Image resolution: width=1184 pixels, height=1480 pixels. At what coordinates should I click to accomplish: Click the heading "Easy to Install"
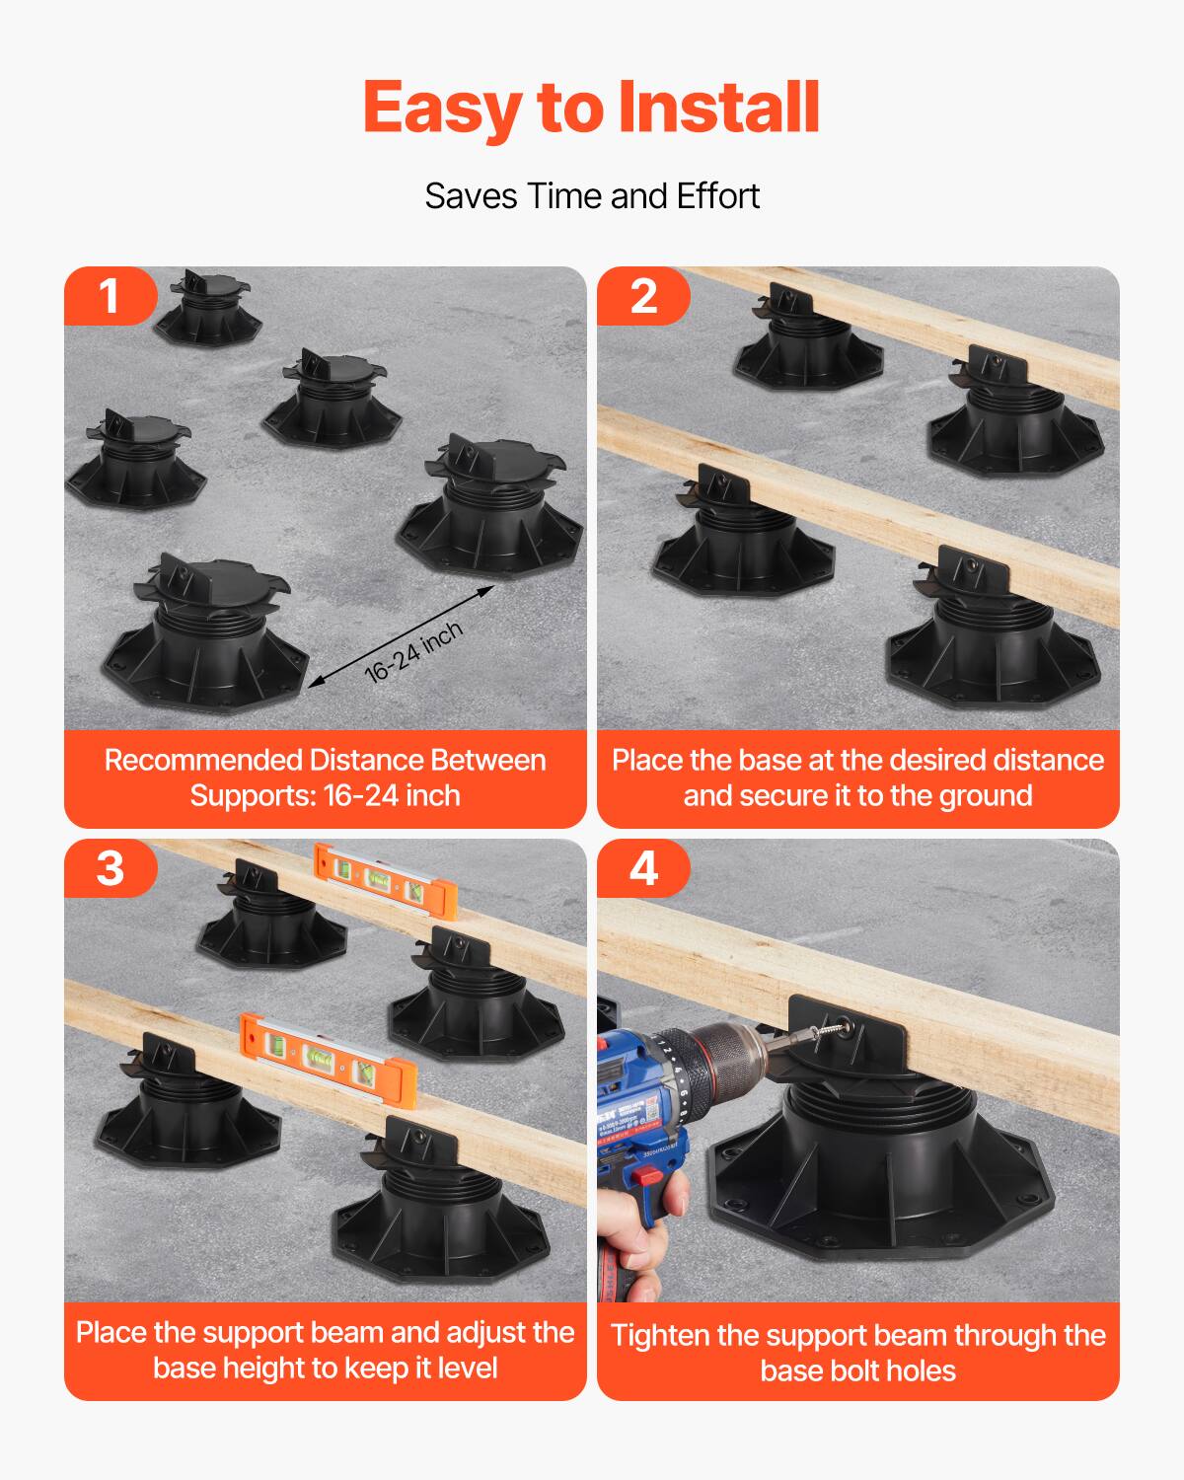(592, 107)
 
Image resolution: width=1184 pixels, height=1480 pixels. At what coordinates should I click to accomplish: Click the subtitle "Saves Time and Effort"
(592, 196)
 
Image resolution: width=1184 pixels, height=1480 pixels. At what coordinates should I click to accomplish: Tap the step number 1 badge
(110, 296)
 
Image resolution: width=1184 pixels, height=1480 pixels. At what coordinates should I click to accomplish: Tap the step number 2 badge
(643, 296)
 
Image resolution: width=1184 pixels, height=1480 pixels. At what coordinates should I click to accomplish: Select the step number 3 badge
(110, 868)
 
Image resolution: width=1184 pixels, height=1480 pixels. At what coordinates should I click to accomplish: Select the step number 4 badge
(643, 868)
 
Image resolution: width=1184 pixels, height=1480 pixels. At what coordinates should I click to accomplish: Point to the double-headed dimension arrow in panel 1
(400, 633)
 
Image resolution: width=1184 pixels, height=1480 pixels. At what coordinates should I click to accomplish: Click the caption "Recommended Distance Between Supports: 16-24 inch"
(325, 777)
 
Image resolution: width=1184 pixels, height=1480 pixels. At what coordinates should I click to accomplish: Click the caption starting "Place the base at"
(857, 777)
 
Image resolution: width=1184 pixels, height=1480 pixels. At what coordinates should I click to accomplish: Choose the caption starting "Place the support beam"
(325, 1350)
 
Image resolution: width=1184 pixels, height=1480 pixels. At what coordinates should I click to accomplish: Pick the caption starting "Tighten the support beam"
(857, 1352)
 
